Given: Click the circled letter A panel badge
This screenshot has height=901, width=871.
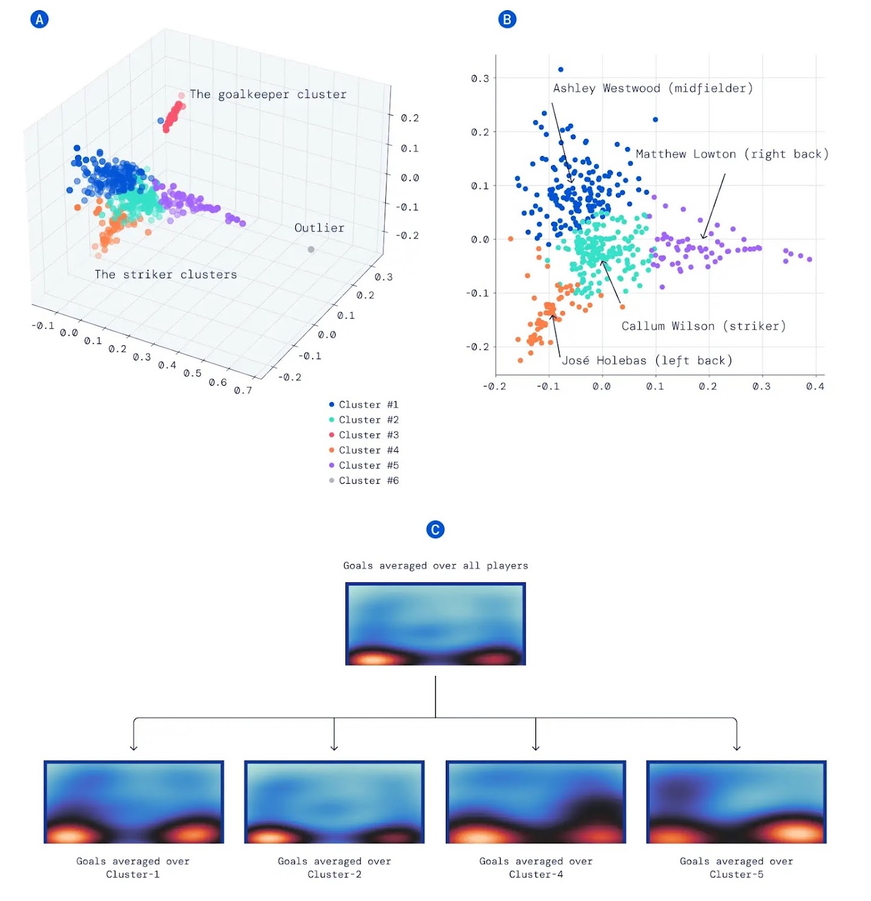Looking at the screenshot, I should tap(39, 19).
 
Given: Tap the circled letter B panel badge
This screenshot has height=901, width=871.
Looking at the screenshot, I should tap(507, 19).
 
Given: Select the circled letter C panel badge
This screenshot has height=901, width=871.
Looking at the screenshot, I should tap(435, 530).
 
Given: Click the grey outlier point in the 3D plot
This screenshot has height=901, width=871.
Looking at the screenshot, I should tap(311, 249).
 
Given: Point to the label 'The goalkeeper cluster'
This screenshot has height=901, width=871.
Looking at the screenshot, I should tap(268, 94).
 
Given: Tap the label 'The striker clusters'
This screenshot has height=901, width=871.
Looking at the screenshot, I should tap(166, 275).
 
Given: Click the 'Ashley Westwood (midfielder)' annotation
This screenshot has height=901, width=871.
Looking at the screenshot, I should tap(653, 88).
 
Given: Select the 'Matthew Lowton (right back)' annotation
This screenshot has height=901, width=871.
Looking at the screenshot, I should tap(732, 154).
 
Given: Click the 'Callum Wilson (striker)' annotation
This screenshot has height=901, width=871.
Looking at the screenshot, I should tap(703, 326).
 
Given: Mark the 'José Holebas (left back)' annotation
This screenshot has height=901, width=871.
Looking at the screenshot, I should tap(647, 360).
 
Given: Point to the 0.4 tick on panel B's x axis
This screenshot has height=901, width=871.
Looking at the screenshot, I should tap(815, 386).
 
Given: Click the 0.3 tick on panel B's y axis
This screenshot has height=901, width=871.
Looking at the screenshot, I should tap(480, 79).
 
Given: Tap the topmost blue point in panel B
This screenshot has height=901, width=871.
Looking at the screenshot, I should tap(561, 70).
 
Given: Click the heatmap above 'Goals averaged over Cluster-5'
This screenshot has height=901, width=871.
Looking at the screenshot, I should tap(736, 802).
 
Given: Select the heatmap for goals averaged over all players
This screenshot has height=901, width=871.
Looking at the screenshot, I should tap(435, 623).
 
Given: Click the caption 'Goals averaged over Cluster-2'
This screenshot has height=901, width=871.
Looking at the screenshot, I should tap(334, 868).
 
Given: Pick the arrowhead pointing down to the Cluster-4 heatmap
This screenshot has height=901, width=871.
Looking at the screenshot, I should tap(535, 747).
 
